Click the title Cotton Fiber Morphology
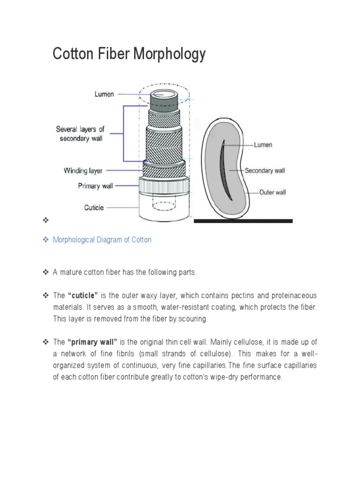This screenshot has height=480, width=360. pyautogui.click(x=129, y=54)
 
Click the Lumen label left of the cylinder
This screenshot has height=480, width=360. pyautogui.click(x=104, y=94)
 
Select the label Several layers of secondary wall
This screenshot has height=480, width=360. pyautogui.click(x=80, y=133)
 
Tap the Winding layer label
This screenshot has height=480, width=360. pyautogui.click(x=83, y=171)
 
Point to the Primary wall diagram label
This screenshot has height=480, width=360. pyautogui.click(x=95, y=186)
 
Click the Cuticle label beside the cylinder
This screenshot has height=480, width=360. pyautogui.click(x=94, y=207)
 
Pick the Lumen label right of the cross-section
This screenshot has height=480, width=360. pyautogui.click(x=263, y=145)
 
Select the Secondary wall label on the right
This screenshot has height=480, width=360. pyautogui.click(x=264, y=171)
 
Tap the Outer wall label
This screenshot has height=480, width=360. pyautogui.click(x=273, y=192)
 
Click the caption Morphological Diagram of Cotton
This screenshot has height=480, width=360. pyautogui.click(x=102, y=240)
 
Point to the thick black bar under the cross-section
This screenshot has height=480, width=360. pyautogui.click(x=243, y=221)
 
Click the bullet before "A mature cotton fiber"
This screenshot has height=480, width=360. pyautogui.click(x=45, y=272)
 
